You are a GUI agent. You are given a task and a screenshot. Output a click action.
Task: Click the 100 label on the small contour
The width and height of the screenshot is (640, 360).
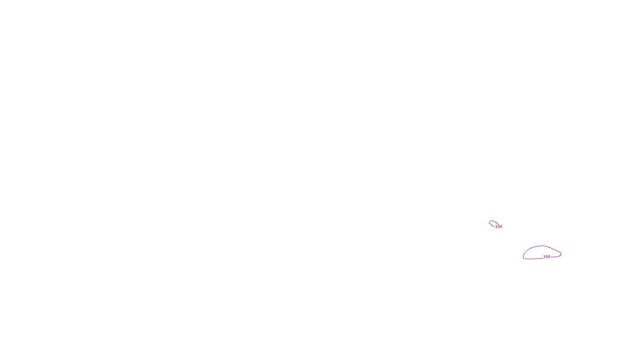click(499, 227)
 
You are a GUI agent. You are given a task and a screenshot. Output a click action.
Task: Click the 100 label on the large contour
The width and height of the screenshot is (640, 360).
click(547, 257)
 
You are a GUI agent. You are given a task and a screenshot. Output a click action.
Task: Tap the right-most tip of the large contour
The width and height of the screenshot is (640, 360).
click(561, 254)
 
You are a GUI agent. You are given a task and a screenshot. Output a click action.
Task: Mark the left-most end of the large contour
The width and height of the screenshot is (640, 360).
click(523, 257)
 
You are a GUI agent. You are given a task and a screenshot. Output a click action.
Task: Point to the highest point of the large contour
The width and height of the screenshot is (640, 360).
click(542, 246)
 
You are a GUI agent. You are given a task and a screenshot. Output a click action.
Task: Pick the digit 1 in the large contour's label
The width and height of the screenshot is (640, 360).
click(544, 257)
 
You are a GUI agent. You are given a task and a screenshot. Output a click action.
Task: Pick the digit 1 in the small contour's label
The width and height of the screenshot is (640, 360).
click(496, 227)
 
